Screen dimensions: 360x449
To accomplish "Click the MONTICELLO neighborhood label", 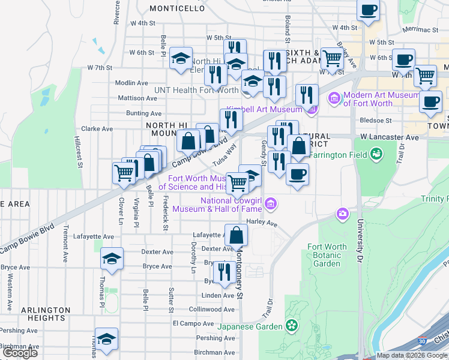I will (x=177, y=8).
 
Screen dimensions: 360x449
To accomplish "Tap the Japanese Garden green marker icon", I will (x=292, y=326).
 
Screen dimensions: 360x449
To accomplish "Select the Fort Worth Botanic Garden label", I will (x=327, y=255).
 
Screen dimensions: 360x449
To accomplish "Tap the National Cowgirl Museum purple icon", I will (x=271, y=204).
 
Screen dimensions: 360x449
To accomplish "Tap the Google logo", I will (x=20, y=353).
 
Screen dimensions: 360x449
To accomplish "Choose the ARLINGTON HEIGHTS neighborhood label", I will (x=37, y=314).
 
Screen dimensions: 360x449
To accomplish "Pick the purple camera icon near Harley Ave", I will (x=343, y=213).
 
